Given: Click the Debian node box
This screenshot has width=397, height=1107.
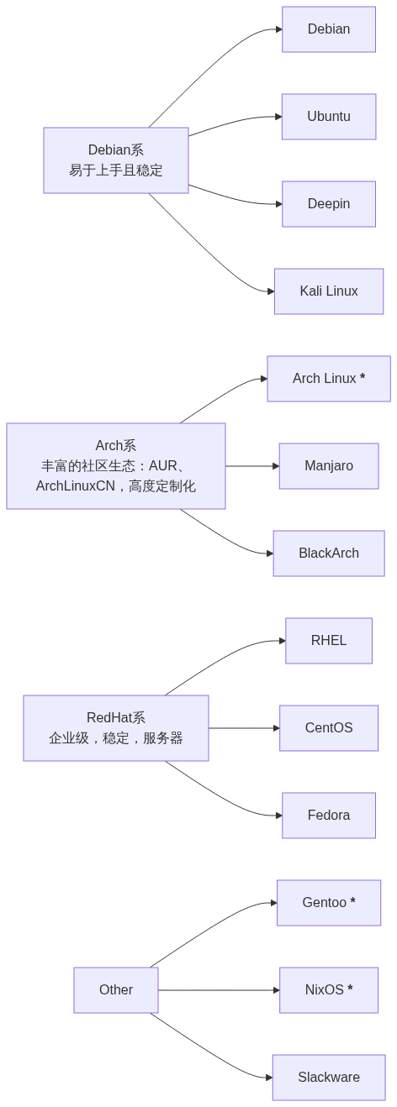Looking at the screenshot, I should tap(328, 29).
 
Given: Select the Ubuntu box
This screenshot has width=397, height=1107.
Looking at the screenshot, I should tap(328, 117).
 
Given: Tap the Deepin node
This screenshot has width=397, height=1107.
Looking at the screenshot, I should tap(328, 204).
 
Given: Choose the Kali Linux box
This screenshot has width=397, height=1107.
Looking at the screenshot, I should tap(328, 291).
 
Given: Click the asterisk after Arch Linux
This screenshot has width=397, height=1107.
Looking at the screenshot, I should tap(363, 379).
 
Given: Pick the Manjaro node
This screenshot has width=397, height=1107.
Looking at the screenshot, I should tap(328, 466).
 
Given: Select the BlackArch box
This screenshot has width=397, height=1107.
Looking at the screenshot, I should tap(328, 553).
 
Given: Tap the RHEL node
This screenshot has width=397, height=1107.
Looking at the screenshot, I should tap(328, 641).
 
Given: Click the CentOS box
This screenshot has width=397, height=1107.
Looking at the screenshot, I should tap(328, 728).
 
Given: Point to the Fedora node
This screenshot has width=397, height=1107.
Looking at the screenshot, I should tap(328, 816).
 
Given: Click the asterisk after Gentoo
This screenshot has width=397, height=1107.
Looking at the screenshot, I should tap(352, 903).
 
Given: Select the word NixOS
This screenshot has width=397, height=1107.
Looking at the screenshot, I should tap(324, 990).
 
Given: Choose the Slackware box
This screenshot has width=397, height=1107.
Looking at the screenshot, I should tap(328, 1078).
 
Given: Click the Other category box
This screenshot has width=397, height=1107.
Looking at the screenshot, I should tap(116, 990).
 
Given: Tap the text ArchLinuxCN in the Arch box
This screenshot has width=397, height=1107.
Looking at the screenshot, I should tap(76, 486).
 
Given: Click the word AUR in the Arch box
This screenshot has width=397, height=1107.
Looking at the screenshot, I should tap(163, 466).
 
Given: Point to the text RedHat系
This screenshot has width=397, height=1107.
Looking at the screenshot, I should tap(116, 718).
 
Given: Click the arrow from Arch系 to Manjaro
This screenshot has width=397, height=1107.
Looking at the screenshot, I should tap(252, 466).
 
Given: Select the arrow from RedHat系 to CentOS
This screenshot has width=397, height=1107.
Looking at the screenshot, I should tap(244, 728).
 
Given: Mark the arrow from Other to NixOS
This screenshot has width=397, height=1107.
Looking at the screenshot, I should tap(219, 990).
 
